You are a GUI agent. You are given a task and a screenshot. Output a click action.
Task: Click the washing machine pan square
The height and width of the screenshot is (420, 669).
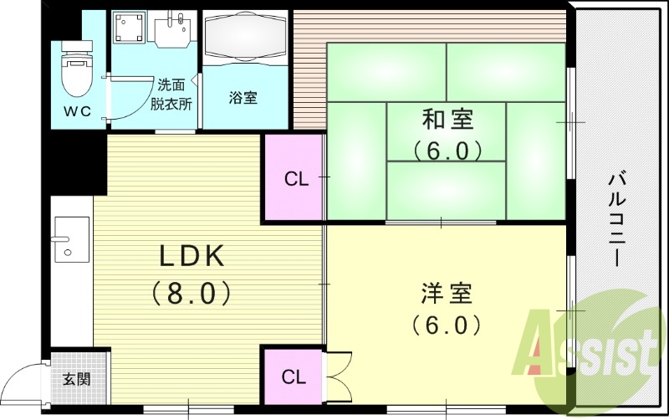[130, 30]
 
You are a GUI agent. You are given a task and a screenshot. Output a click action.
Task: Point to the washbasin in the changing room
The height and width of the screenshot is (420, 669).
[176, 31]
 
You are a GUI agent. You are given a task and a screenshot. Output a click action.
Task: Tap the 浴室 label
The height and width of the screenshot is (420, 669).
[243, 97]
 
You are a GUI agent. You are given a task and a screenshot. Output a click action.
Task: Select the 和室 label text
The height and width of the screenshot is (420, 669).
[447, 120]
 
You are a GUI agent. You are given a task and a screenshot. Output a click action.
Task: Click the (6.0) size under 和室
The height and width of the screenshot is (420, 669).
[447, 151]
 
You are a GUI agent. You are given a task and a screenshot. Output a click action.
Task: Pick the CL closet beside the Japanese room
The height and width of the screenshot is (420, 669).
[294, 178]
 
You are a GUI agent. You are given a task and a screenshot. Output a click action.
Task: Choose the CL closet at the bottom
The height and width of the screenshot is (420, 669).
[294, 376]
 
